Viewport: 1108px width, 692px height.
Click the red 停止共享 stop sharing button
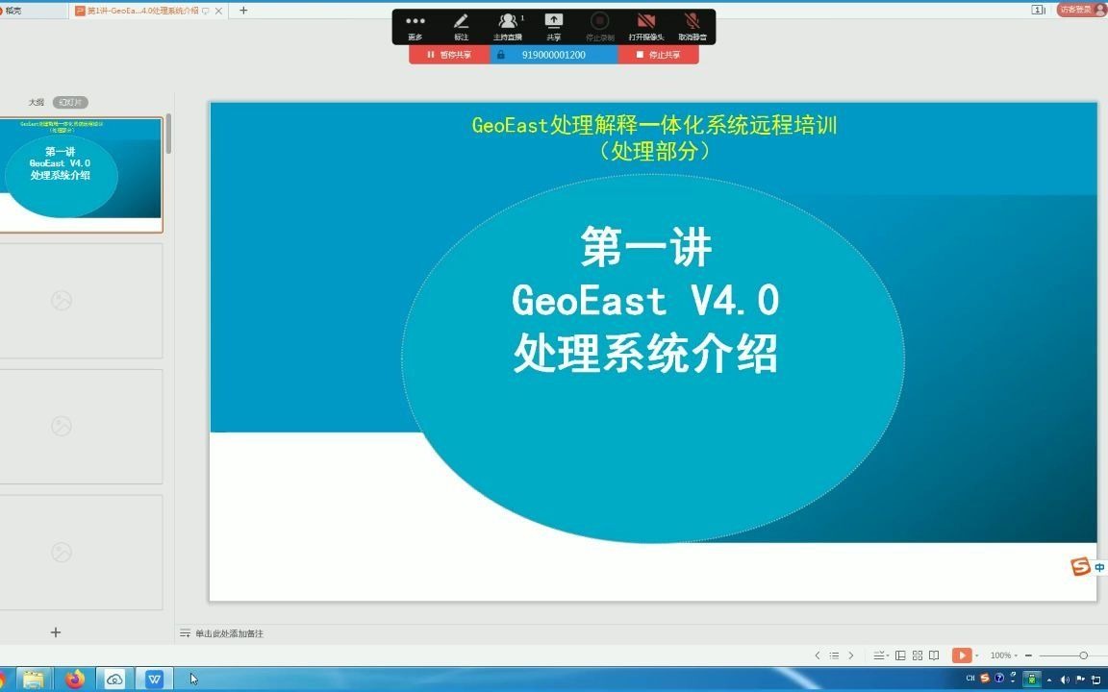click(659, 55)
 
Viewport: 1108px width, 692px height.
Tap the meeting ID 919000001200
click(553, 55)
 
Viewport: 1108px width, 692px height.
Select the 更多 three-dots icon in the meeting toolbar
click(415, 22)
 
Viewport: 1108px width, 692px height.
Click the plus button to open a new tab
click(243, 11)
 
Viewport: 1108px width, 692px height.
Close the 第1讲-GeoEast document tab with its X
click(218, 11)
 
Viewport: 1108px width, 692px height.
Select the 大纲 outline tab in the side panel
click(36, 102)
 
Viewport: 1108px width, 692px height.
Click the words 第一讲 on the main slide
click(645, 248)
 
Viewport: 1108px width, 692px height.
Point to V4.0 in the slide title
click(735, 302)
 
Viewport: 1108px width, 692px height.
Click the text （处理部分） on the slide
click(654, 151)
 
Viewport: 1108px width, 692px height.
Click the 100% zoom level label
click(1000, 655)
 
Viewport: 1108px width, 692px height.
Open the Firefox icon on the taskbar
click(75, 680)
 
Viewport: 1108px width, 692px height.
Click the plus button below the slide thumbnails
click(56, 632)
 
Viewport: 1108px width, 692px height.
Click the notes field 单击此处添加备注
click(229, 633)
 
